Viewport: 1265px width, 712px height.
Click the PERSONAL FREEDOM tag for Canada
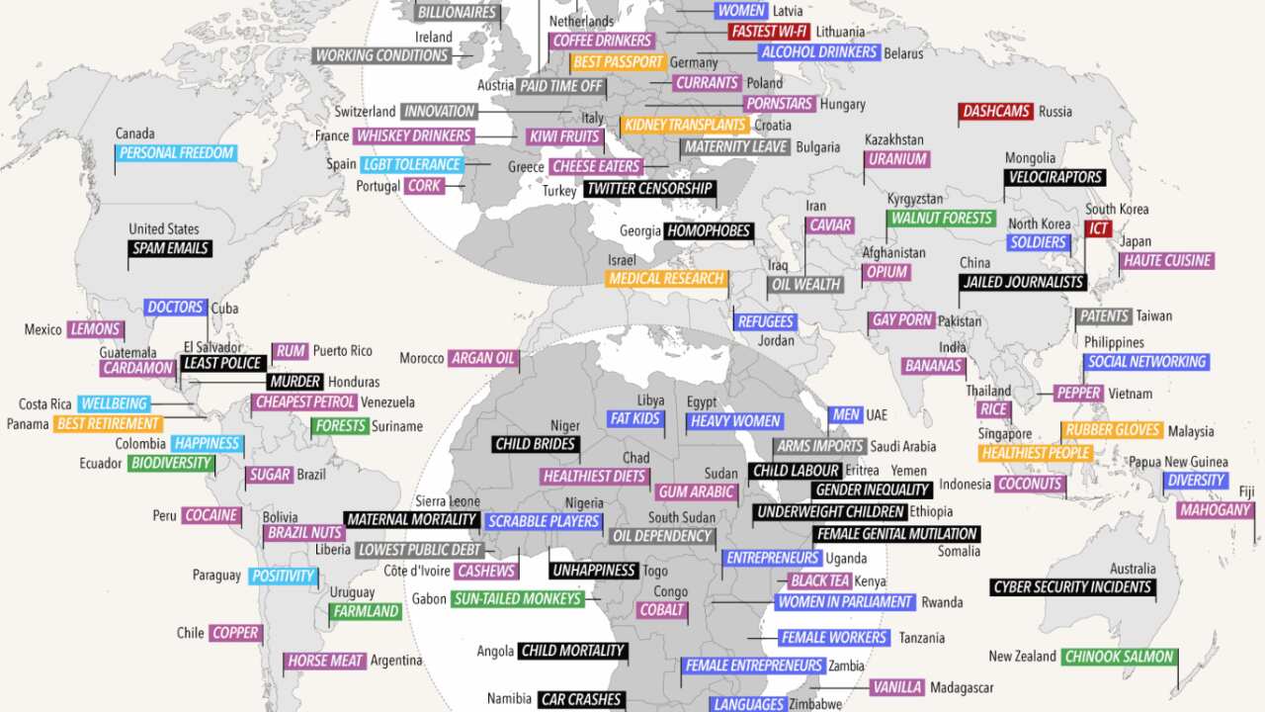(x=176, y=153)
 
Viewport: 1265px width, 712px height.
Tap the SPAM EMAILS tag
(x=170, y=248)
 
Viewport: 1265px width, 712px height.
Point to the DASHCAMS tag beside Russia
(x=995, y=112)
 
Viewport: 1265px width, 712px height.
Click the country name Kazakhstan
(x=893, y=139)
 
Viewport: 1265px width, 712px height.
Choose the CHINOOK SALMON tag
(x=1119, y=657)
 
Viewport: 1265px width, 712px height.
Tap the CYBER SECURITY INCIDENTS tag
(x=1072, y=587)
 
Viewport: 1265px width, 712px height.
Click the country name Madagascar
(x=962, y=687)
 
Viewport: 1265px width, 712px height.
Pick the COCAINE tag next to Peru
(x=211, y=515)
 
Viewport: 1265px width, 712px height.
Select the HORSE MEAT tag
(x=324, y=661)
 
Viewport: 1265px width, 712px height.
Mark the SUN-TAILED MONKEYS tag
(x=517, y=598)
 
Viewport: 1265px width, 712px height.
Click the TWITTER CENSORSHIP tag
(x=648, y=189)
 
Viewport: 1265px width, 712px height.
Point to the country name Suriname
(x=397, y=426)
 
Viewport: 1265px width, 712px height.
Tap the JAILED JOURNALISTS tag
(x=1023, y=282)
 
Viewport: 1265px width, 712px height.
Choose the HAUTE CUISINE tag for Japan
(x=1166, y=261)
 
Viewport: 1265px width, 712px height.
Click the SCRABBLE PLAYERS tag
(x=545, y=521)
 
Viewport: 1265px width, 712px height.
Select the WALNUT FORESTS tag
(x=941, y=219)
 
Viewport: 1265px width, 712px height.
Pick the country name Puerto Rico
(x=342, y=351)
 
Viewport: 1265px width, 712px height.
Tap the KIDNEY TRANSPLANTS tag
(x=684, y=126)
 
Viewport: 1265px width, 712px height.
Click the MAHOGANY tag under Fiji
(x=1215, y=511)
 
